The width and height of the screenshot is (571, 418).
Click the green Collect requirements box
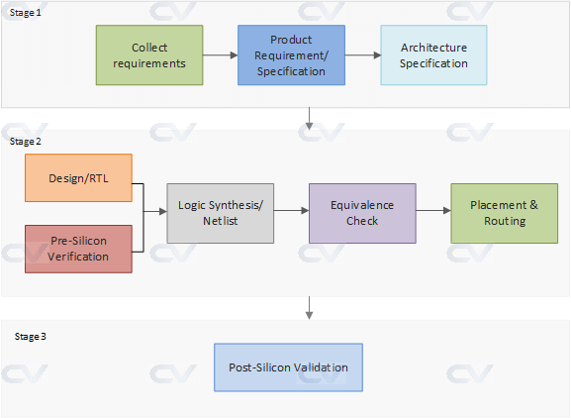click(149, 55)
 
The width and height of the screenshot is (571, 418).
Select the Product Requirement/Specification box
click(292, 55)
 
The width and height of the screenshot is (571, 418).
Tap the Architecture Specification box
click(433, 55)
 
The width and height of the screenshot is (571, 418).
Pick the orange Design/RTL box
click(78, 178)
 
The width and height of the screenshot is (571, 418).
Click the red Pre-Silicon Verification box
click(78, 250)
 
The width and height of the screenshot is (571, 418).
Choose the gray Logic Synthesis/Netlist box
click(220, 213)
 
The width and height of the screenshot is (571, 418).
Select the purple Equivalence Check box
click(362, 213)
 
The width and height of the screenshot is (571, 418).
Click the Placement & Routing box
click(504, 213)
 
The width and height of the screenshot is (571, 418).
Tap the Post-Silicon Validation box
click(289, 367)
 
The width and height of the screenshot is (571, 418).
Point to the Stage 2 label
click(26, 142)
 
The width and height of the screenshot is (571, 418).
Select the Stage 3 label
click(31, 337)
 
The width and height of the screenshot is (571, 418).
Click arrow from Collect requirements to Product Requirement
click(220, 55)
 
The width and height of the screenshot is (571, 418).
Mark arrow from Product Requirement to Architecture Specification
click(363, 55)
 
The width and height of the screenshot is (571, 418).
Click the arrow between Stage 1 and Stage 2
click(311, 119)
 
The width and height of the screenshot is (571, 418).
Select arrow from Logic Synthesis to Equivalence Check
click(291, 210)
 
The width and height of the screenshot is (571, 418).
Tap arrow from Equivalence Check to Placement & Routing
click(433, 210)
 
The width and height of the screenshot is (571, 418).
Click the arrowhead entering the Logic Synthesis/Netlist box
click(161, 210)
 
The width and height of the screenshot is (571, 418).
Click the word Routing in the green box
click(504, 221)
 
